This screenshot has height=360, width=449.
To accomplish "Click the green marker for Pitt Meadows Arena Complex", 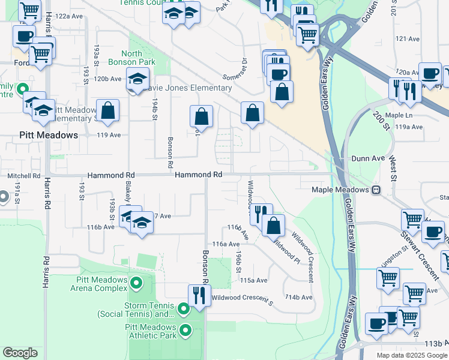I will click(137, 282).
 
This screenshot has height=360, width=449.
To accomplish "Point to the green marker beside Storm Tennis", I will click(184, 308).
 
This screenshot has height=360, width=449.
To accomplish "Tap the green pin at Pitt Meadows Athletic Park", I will click(185, 329).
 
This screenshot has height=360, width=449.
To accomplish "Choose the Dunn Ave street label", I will click(367, 159).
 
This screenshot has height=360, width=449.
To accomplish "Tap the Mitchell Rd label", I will click(23, 176).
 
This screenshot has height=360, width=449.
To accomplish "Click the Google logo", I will click(20, 353).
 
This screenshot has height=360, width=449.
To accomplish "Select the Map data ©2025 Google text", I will click(412, 355).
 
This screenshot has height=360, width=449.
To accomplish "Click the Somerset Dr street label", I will click(235, 70).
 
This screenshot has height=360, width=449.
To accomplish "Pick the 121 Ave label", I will click(408, 39).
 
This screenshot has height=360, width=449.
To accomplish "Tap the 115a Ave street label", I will click(253, 280).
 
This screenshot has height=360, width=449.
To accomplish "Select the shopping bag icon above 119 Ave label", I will click(107, 111).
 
